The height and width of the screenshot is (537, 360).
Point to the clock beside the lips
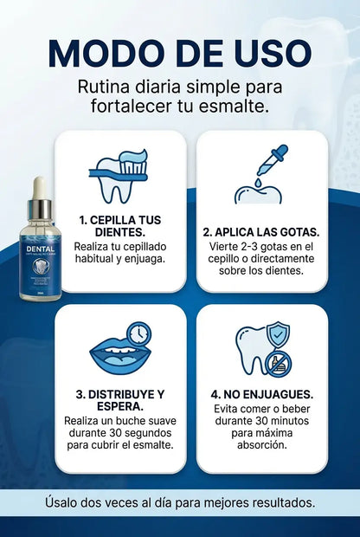tap(138, 335)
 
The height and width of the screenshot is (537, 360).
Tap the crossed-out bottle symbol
tap(278, 363)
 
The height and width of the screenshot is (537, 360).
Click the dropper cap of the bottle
tap(39, 195)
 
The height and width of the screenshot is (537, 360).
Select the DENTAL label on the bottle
tap(40, 247)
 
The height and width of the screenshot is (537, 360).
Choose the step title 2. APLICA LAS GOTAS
tap(261, 232)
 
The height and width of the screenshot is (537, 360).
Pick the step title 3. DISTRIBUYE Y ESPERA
tap(119, 399)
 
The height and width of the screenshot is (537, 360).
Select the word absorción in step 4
tap(262, 447)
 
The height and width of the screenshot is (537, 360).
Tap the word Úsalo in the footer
tap(65, 502)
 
